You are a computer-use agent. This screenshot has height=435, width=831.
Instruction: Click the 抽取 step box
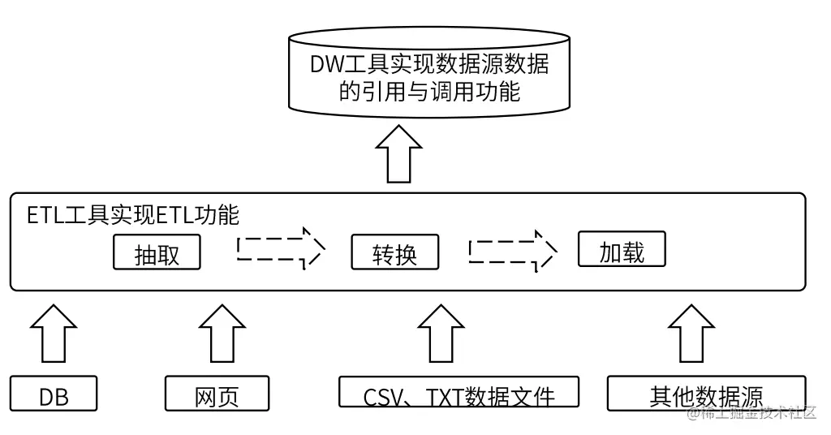157,253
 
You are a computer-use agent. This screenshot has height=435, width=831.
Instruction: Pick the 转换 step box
394,253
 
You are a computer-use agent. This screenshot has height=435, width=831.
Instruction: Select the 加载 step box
622,251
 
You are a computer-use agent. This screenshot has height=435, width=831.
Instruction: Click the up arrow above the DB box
54,333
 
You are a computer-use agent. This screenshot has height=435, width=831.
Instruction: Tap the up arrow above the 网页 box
222,333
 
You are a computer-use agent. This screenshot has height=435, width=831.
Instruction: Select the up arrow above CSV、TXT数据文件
441,333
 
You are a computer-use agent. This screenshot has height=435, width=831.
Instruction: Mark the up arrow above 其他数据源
691,333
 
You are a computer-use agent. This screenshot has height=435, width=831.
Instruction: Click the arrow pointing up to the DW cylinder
398,153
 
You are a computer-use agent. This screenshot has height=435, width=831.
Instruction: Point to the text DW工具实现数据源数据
429,64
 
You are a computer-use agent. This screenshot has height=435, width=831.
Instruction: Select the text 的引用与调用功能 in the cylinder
429,91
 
